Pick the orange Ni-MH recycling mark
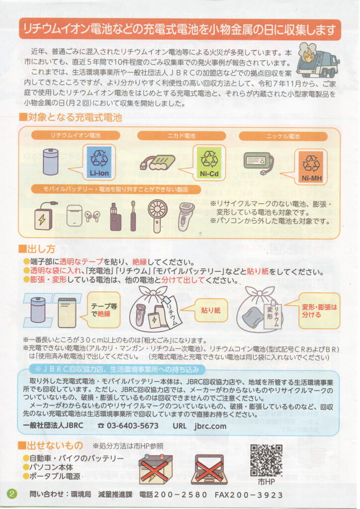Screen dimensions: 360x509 pyautogui.click(x=311, y=167)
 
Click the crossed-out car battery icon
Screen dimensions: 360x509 pyautogui.click(x=156, y=469)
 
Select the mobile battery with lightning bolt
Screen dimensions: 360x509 pyautogui.click(x=43, y=217)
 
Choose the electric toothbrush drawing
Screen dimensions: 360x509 pyautogui.click(x=133, y=216)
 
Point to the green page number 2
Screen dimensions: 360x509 pyautogui.click(x=12, y=494)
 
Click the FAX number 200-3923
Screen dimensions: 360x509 pyautogui.click(x=249, y=495)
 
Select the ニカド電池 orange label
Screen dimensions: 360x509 pyautogui.click(x=181, y=136)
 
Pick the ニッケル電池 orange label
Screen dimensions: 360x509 pyautogui.click(x=283, y=136)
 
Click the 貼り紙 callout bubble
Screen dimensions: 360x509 pyautogui.click(x=210, y=310)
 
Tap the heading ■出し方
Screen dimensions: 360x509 pyautogui.click(x=37, y=249)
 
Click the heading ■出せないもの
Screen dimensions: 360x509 pyautogui.click(x=51, y=445)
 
